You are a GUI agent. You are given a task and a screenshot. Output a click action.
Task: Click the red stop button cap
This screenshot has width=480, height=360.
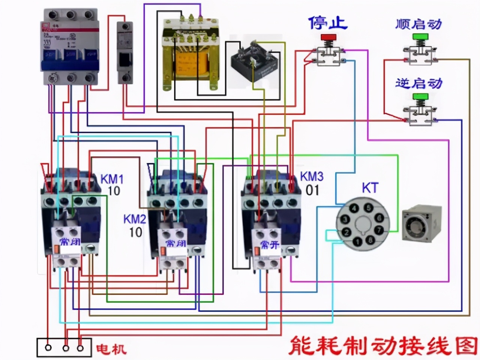(328, 37)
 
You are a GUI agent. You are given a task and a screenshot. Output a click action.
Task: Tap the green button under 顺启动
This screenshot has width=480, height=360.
(420, 37)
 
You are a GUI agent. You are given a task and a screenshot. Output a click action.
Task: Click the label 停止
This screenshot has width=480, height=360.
(328, 22)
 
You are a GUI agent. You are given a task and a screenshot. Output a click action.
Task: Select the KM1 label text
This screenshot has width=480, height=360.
(112, 178)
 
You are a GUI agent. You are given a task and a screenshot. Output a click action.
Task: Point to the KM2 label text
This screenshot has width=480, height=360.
(135, 219)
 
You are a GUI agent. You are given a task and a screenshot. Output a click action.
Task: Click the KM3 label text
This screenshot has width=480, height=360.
(312, 176)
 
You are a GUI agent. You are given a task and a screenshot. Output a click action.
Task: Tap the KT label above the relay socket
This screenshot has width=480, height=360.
(370, 188)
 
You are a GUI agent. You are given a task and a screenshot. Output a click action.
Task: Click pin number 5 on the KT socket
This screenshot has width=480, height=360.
(369, 208)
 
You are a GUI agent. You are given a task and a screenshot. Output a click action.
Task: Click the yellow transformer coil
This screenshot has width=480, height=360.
(191, 62)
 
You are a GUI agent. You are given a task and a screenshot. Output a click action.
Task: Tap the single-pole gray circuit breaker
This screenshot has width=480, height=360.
(124, 52)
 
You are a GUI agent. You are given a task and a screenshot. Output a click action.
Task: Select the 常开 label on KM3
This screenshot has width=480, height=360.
(270, 245)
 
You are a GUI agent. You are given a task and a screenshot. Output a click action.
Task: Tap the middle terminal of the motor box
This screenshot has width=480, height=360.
(66, 348)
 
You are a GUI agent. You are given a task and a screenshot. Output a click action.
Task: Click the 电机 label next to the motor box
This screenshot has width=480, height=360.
(111, 349)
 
